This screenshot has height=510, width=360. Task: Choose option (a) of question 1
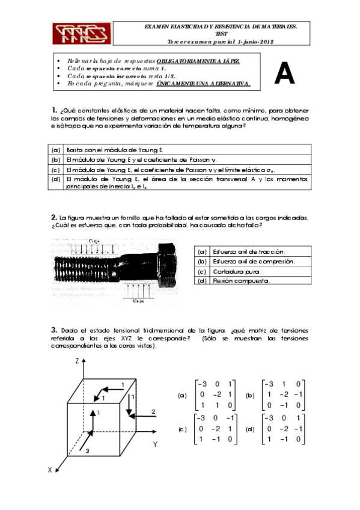coord(56,150)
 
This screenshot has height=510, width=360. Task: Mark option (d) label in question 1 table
coord(56,179)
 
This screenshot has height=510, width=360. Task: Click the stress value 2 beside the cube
coord(153,411)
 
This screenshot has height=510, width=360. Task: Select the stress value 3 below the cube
coord(87,450)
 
